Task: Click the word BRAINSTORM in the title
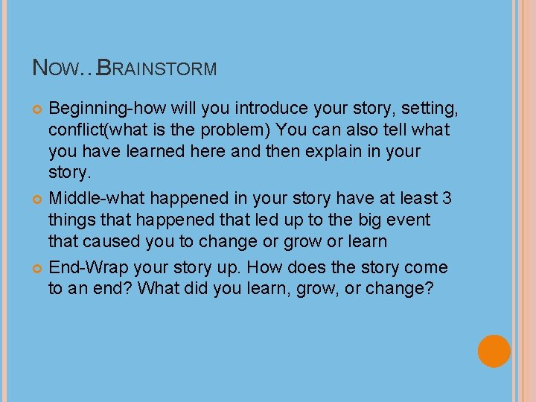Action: coord(158,68)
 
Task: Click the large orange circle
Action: coord(494,351)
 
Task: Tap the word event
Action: coord(405,220)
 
